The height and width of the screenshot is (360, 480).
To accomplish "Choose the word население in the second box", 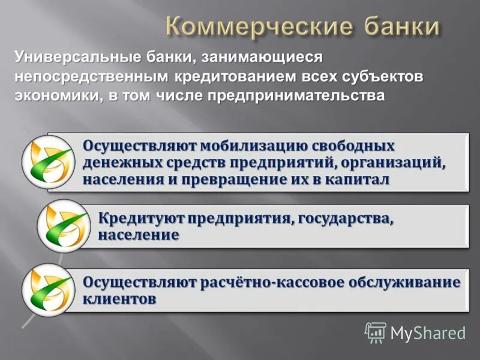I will (138, 235).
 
